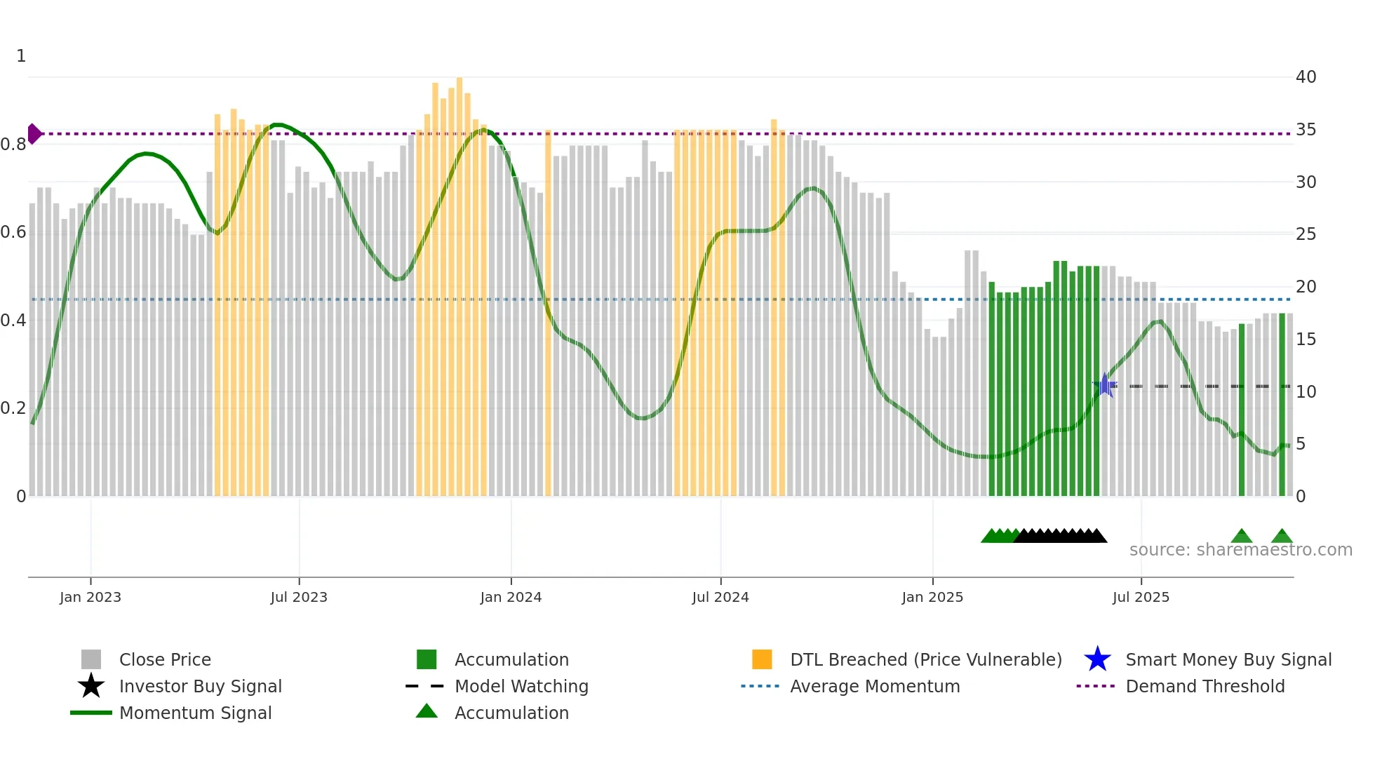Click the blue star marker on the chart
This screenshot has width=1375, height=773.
click(x=1105, y=385)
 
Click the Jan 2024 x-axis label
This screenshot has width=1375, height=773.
click(x=511, y=597)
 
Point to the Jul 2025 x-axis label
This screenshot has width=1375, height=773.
click(x=1141, y=597)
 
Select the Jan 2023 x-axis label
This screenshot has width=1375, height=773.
click(x=90, y=597)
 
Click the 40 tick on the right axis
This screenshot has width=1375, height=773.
click(x=1306, y=77)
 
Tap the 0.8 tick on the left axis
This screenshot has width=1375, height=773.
click(x=13, y=144)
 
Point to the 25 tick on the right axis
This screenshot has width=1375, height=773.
click(x=1306, y=234)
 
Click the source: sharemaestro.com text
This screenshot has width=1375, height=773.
click(x=1240, y=550)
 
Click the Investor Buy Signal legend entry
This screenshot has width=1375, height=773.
click(x=200, y=687)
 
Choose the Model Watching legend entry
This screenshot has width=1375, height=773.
click(x=521, y=687)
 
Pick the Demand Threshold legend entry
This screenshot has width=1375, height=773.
click(x=1205, y=687)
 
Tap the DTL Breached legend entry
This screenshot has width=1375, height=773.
click(x=925, y=660)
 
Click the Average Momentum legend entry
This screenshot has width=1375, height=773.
click(x=874, y=687)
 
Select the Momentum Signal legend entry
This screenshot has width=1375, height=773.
click(x=195, y=713)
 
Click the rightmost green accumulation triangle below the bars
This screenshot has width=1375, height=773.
click(x=1282, y=537)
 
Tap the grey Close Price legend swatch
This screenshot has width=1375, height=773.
click(x=91, y=660)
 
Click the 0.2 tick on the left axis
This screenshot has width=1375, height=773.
click(x=13, y=408)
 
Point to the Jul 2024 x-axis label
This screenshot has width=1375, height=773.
click(x=720, y=597)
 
